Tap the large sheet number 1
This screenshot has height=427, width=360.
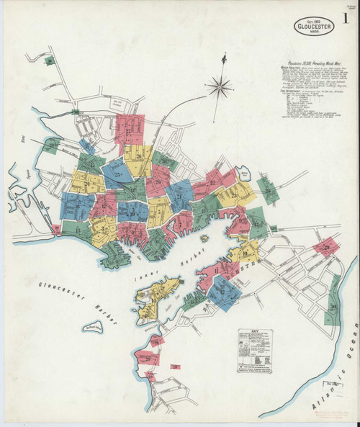[x=348, y=30]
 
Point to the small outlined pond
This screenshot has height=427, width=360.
[x=246, y=174]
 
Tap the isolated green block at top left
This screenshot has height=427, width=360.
[x=49, y=61]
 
